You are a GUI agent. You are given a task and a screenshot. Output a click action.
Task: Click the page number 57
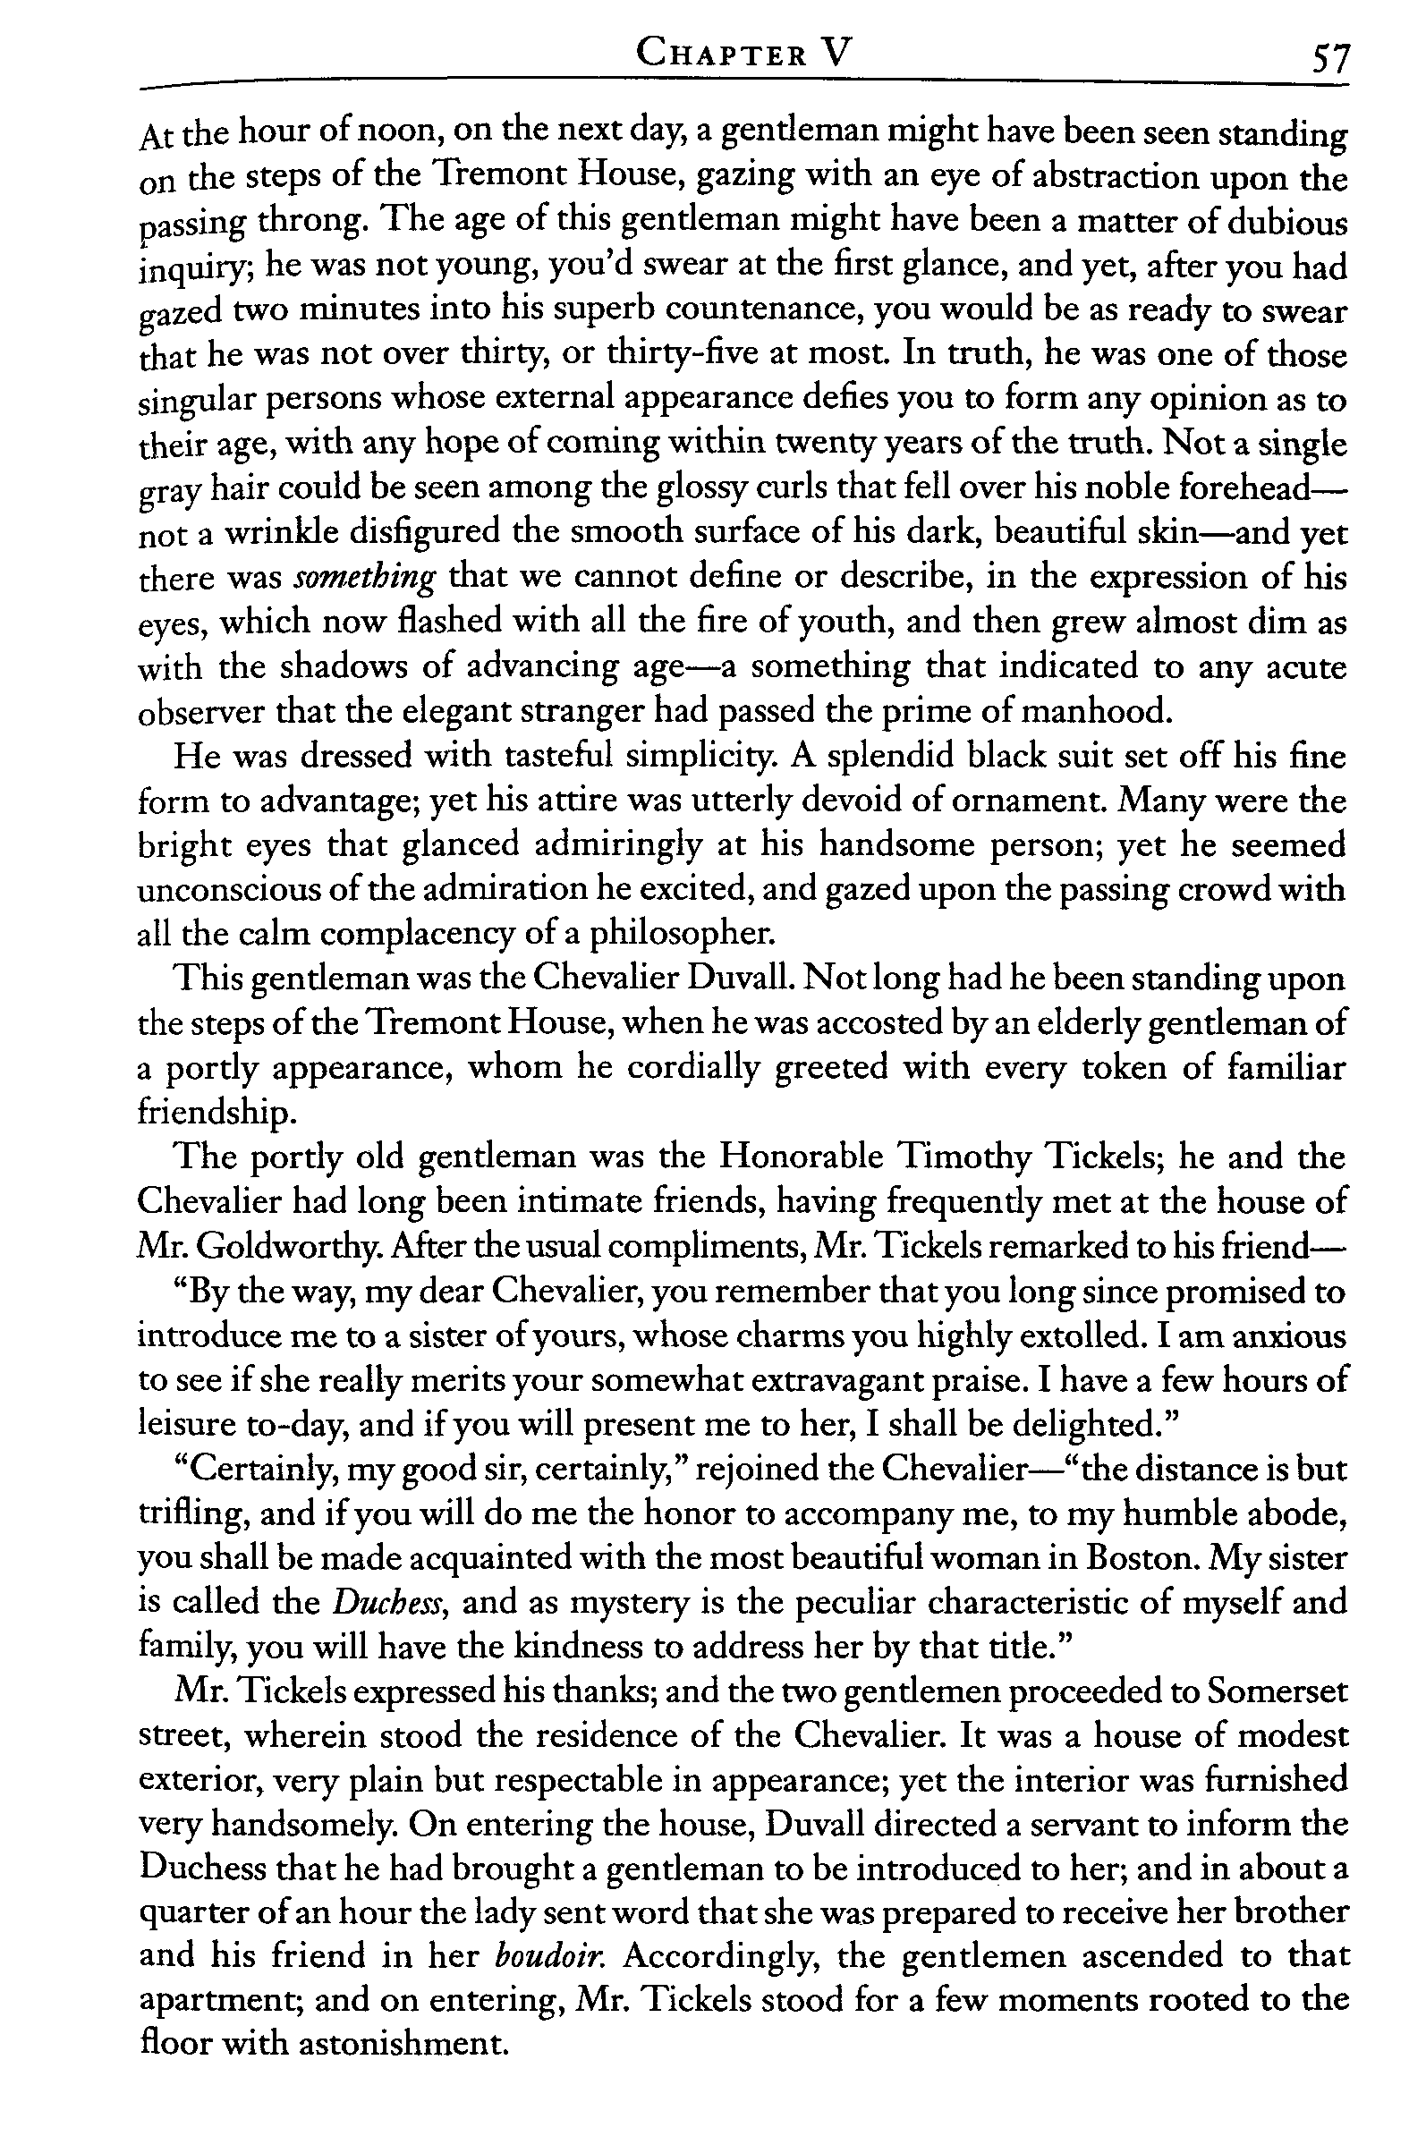(1329, 63)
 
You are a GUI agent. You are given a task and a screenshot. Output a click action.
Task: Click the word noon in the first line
(389, 133)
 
